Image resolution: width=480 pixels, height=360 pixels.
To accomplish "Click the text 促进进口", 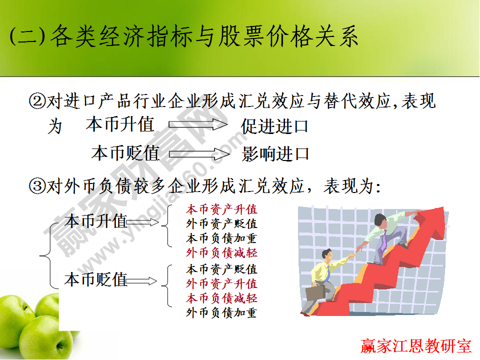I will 274,126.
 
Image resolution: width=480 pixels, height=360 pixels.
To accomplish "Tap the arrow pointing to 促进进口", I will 198,124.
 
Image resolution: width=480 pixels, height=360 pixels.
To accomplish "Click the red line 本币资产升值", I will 221,209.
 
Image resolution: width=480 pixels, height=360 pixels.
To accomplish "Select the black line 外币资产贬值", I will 221,223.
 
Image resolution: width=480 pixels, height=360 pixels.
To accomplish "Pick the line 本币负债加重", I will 221,238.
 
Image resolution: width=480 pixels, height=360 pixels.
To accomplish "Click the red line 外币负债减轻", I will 221,252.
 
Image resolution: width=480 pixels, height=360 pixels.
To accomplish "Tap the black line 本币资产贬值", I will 221,269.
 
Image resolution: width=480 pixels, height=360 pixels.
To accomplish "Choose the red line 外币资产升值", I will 221,284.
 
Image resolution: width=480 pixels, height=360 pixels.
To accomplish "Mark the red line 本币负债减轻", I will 221,298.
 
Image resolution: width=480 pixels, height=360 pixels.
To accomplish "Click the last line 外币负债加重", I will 221,313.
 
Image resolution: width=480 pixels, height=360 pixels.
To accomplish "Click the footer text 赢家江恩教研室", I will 416,345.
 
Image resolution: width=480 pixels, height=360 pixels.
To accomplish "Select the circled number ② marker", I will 37,102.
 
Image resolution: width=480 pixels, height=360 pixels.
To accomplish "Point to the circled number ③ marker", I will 37,186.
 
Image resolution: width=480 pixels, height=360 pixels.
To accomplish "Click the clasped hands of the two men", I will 352,255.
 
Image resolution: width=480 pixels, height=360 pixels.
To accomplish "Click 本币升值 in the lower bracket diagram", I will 95,221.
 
